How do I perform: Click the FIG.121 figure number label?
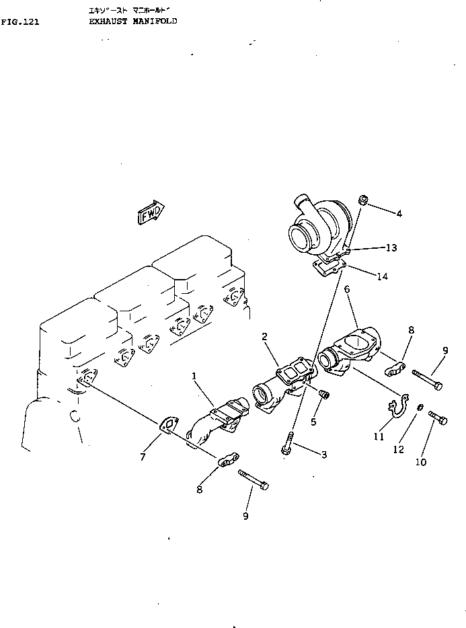pyautogui.click(x=20, y=22)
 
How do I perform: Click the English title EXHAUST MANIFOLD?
pyautogui.click(x=132, y=22)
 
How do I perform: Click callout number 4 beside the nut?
pyautogui.click(x=399, y=214)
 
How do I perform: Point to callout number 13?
pyautogui.click(x=391, y=248)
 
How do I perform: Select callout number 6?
pyautogui.click(x=347, y=289)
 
